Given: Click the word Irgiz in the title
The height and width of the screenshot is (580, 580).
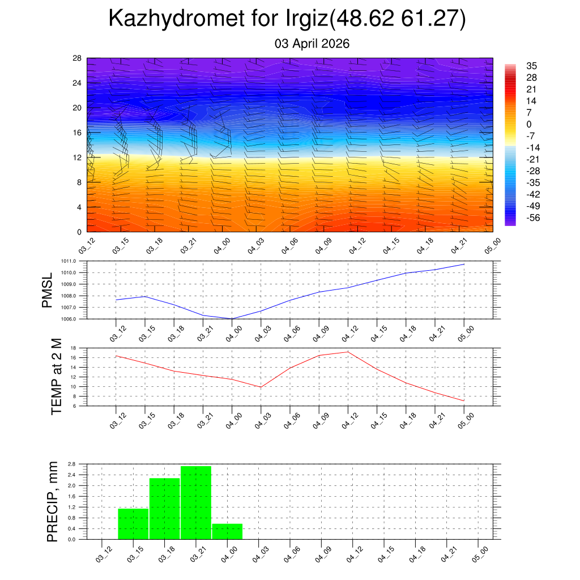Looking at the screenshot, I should pos(304,19).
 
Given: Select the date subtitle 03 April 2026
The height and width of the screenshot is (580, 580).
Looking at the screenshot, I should pos(312,44).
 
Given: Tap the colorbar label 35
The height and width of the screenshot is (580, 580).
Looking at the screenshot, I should pos(531,66).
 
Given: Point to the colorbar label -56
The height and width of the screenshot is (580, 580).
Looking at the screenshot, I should pos(531,218).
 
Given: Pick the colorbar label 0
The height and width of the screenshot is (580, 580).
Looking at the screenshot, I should pos(529,124).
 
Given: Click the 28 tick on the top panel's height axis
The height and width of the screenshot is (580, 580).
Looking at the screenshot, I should pos(77,58).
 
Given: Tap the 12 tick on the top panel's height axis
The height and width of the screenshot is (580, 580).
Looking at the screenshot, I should pos(77,157).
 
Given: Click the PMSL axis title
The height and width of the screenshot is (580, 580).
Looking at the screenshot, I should pos(50,291).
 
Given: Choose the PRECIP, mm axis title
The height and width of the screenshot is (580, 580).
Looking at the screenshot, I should pos(52,501).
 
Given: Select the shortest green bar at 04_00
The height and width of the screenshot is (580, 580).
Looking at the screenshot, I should pos(228,532).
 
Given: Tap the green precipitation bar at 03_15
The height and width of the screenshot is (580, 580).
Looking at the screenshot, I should pos(133,524).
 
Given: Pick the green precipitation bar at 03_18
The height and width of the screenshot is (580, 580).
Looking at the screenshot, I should pos(165,509).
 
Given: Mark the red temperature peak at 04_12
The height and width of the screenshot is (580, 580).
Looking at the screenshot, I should pos(348,352).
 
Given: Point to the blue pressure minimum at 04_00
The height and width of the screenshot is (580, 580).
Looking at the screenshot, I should pos(232,318).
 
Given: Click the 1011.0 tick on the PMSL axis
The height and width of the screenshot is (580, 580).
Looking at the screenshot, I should pos(78,261).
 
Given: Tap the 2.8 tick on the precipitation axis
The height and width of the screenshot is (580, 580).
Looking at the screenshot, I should pos(71,464).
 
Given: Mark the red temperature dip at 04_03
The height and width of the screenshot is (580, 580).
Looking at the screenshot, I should pos(261,387).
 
